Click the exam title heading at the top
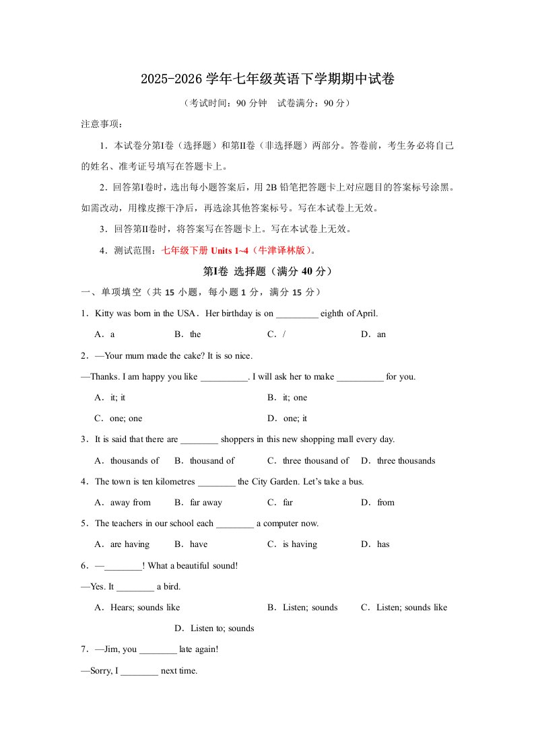[267, 79]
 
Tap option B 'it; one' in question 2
[287, 398]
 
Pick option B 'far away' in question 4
[198, 503]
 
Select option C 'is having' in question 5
[292, 544]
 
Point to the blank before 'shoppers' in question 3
[199, 440]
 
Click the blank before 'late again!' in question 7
[158, 650]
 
